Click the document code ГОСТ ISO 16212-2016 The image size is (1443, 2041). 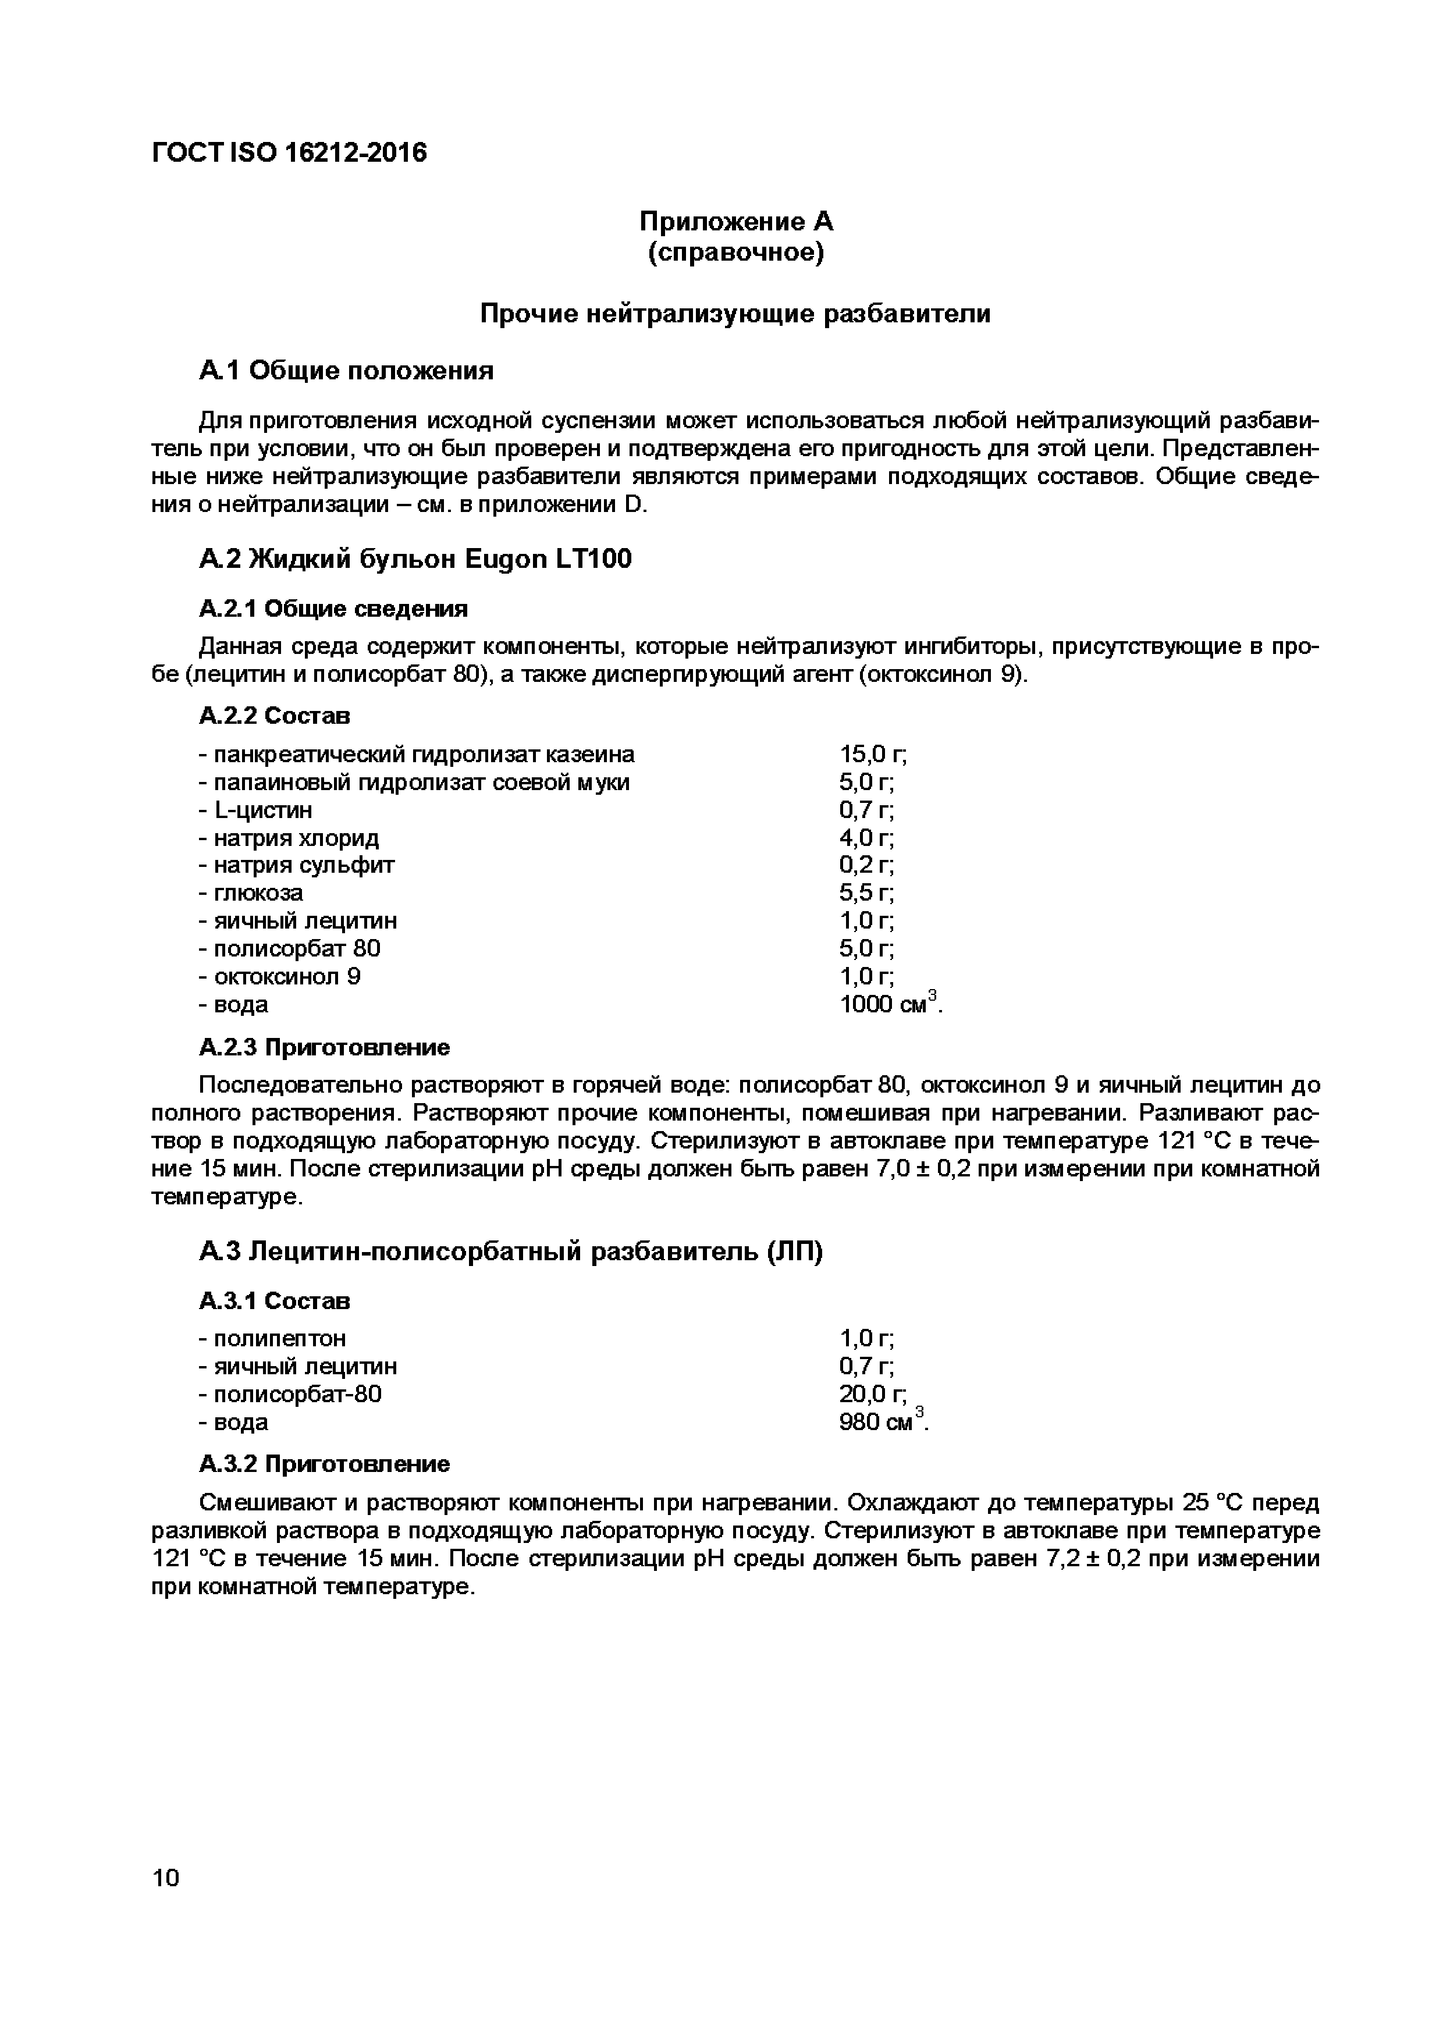[x=289, y=153]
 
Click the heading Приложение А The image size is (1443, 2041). [x=735, y=221]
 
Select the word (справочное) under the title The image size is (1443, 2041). [x=735, y=253]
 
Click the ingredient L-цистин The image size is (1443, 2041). [x=255, y=810]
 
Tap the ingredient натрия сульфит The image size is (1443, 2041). [x=296, y=865]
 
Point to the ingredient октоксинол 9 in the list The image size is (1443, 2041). [x=279, y=976]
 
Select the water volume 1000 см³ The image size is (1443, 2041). [x=888, y=1004]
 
